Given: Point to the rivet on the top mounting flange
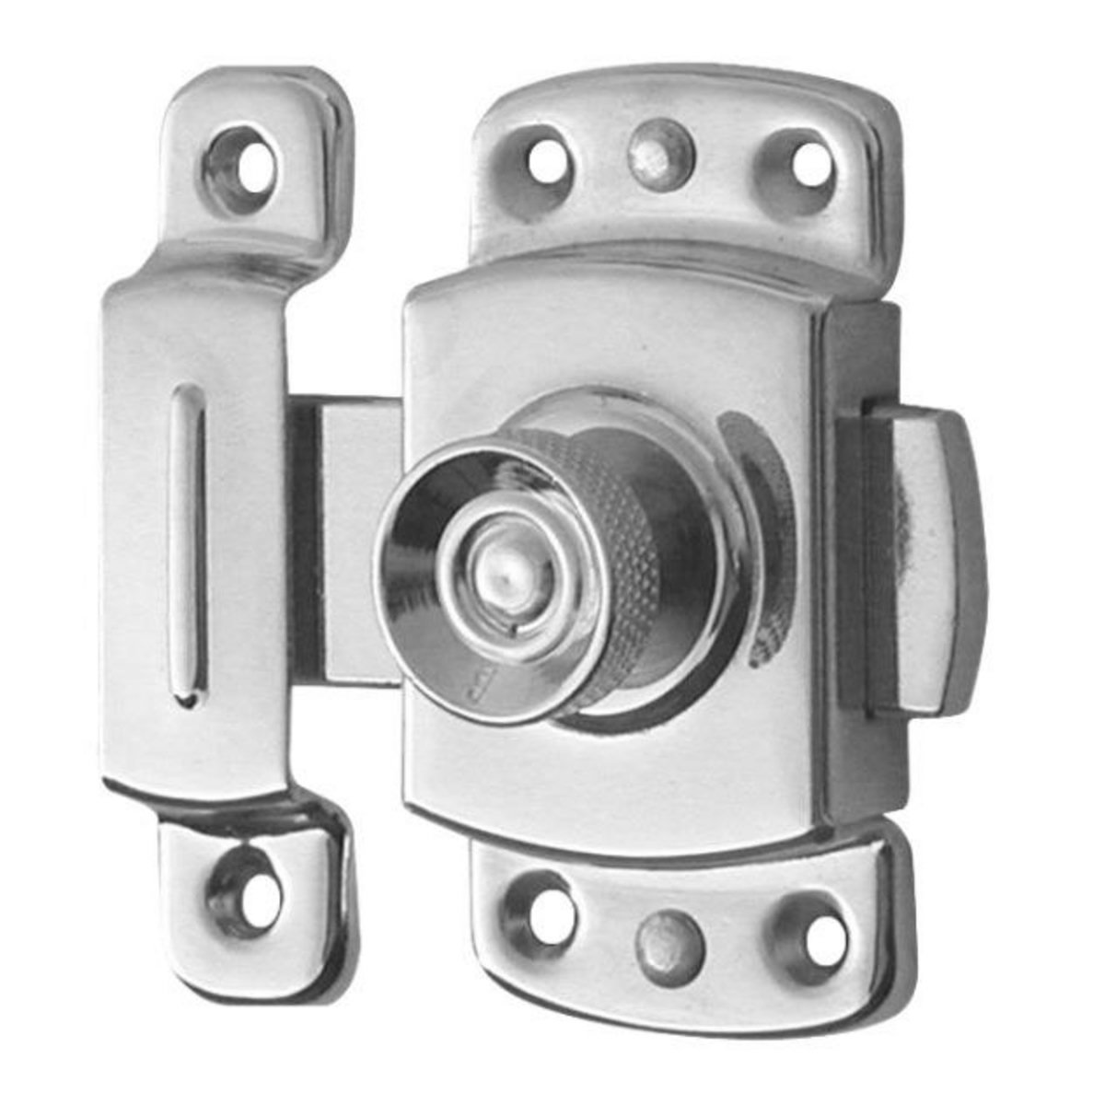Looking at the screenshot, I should coord(659,151).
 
